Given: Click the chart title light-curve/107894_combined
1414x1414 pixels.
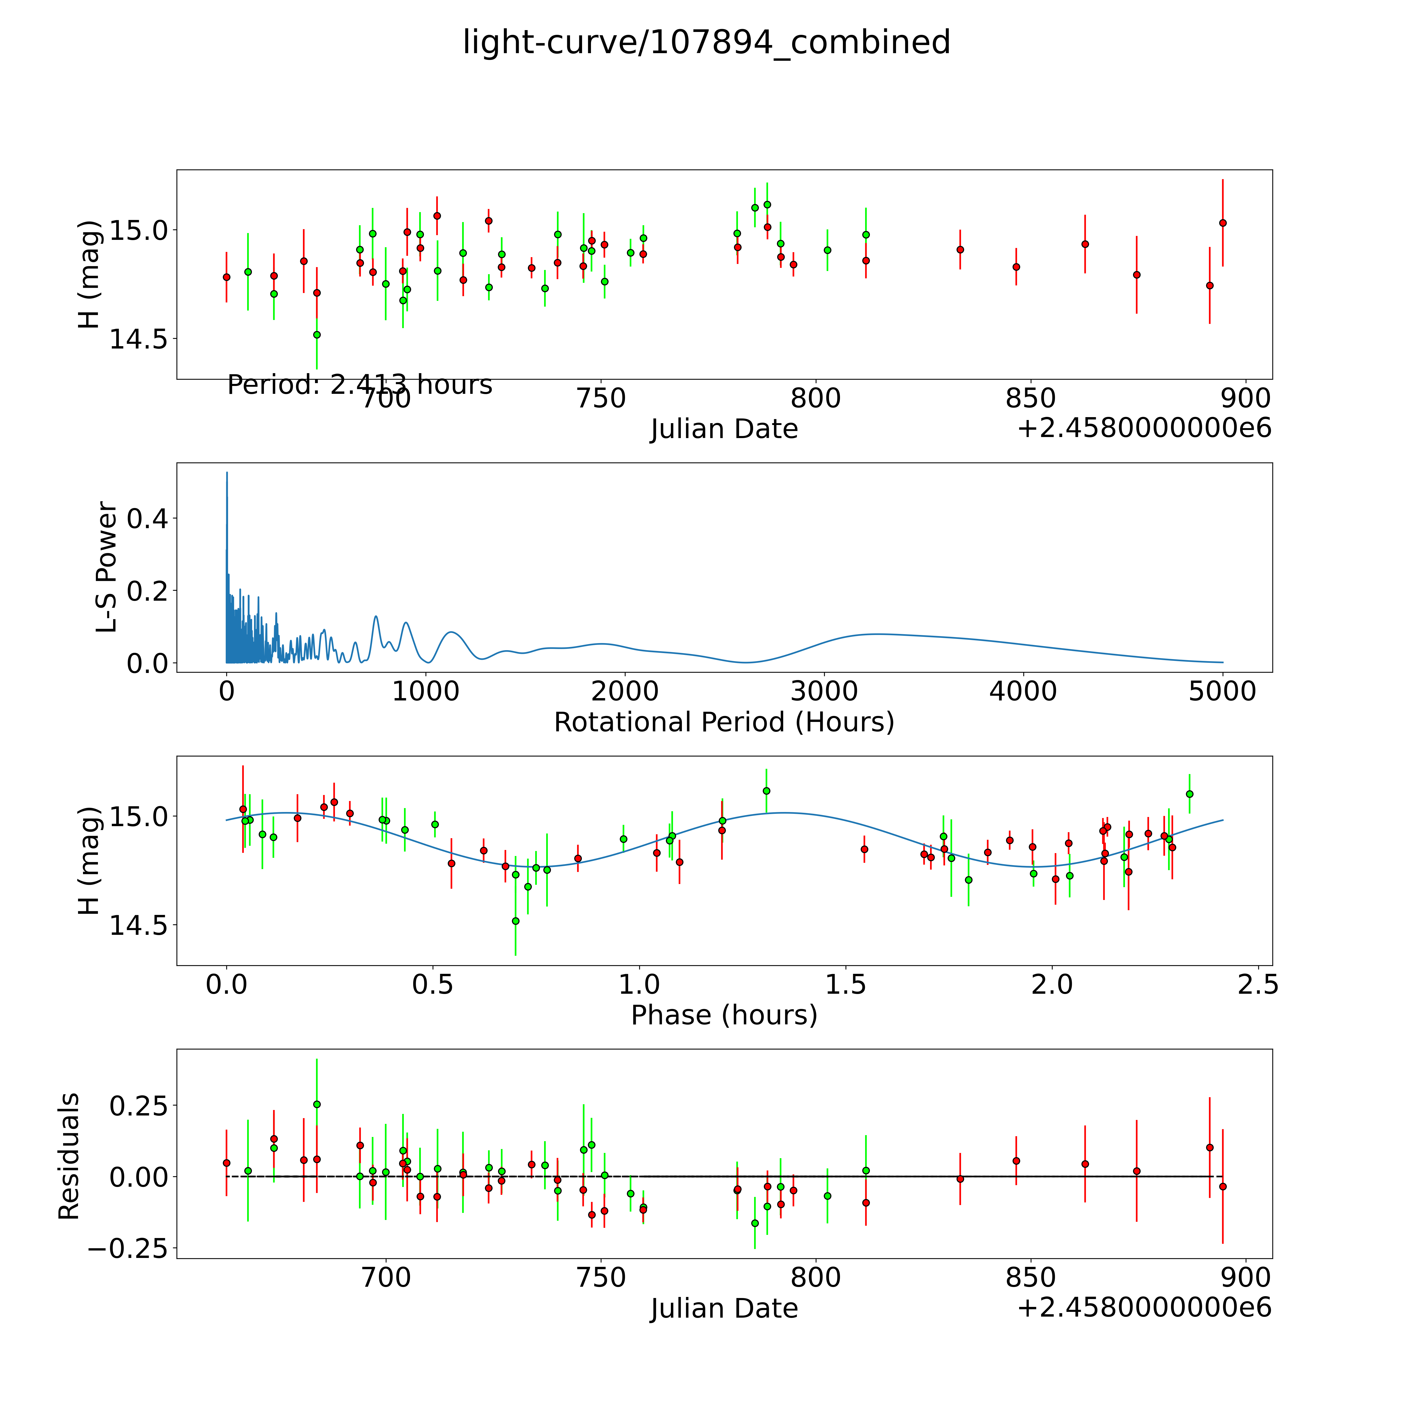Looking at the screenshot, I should coord(706,42).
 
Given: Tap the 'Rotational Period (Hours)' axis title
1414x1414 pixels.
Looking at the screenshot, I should coord(724,722).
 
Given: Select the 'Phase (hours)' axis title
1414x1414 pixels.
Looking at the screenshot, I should coord(724,1015).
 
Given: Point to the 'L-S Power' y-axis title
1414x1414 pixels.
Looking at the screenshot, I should coord(107,567).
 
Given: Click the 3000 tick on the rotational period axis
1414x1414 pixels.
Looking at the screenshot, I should coord(824,692).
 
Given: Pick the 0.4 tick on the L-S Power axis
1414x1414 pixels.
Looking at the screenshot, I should coord(148,519).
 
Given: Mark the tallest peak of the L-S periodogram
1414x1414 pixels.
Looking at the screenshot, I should coord(227,473).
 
